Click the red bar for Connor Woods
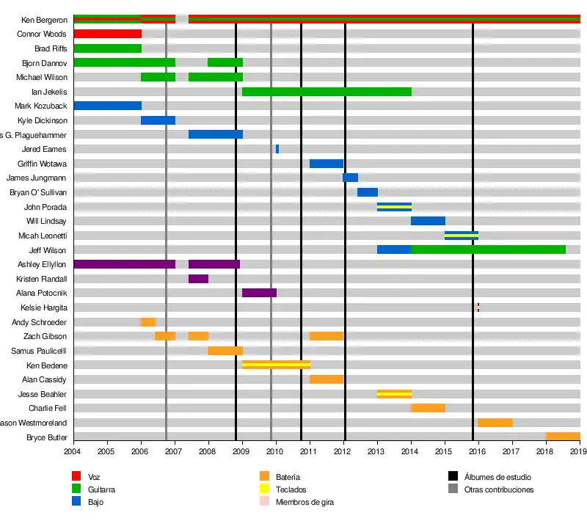click(x=107, y=34)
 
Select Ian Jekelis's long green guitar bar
click(x=327, y=92)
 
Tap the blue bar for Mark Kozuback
click(x=107, y=106)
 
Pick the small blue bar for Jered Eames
click(x=277, y=149)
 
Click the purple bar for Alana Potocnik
click(x=259, y=293)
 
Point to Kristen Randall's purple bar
click(x=198, y=279)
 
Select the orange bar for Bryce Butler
click(x=563, y=437)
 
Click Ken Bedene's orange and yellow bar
click(x=276, y=365)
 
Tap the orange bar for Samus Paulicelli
click(x=225, y=351)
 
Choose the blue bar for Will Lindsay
click(x=428, y=221)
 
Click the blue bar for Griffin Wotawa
click(x=327, y=164)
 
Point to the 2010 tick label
click(x=276, y=452)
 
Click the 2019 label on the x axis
click(x=579, y=452)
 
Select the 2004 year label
click(x=73, y=452)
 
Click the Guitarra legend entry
click(x=101, y=489)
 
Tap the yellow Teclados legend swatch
click(x=265, y=489)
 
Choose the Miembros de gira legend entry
click(x=305, y=502)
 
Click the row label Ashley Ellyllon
click(x=42, y=264)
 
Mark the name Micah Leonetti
click(x=43, y=236)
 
